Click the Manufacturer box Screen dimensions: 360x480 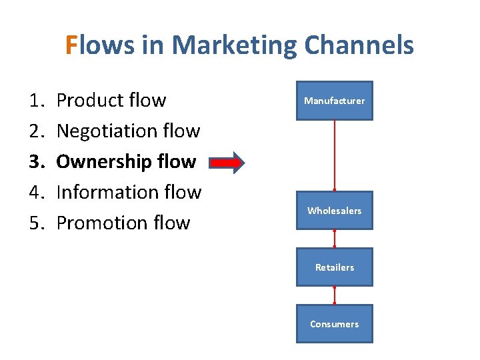click(334, 101)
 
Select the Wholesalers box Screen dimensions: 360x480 click(334, 211)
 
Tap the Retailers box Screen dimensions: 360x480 click(334, 267)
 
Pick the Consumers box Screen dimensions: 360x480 click(334, 324)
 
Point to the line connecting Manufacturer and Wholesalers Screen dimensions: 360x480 click(335, 155)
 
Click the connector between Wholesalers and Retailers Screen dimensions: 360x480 click(335, 239)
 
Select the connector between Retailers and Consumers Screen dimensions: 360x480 click(335, 295)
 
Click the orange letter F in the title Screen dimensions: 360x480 click(72, 45)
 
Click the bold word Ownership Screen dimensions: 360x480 click(103, 162)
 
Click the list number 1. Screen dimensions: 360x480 click(36, 101)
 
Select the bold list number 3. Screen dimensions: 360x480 click(36, 162)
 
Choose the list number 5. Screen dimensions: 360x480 click(36, 223)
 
